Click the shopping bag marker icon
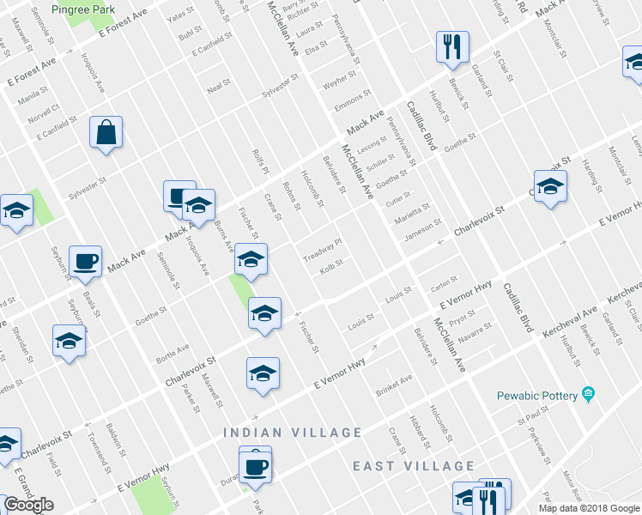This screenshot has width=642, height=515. point(106,134)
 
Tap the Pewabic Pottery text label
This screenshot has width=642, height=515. point(538,396)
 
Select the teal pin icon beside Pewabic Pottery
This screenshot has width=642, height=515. point(588,395)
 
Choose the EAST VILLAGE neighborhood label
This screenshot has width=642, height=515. point(414,466)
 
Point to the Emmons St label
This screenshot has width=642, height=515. point(354,100)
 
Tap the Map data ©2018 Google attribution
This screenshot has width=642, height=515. point(588,508)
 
